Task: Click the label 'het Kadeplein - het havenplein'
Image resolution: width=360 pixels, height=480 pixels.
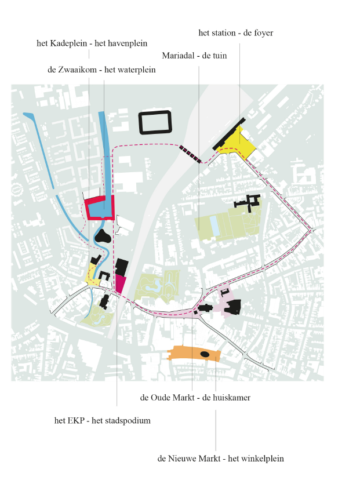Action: coord(92,43)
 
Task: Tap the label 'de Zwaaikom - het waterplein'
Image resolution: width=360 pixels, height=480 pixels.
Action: coord(101,70)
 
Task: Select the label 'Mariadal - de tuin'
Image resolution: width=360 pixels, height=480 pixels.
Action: coord(194,56)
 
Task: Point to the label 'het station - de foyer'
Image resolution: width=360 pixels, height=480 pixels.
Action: coord(235,33)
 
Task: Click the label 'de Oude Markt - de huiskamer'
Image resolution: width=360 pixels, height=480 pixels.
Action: coord(195,398)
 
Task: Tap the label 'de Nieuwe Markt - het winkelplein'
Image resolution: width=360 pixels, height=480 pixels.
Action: coord(220,459)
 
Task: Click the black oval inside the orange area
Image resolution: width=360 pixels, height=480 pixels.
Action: coord(205,354)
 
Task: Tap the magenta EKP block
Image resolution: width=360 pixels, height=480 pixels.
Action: coord(121,283)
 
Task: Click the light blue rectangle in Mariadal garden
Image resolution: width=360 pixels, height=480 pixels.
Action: coord(215,226)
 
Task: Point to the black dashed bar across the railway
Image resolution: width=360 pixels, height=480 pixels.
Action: coord(190,154)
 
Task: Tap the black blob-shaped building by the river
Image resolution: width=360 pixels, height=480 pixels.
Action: coord(103,235)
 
